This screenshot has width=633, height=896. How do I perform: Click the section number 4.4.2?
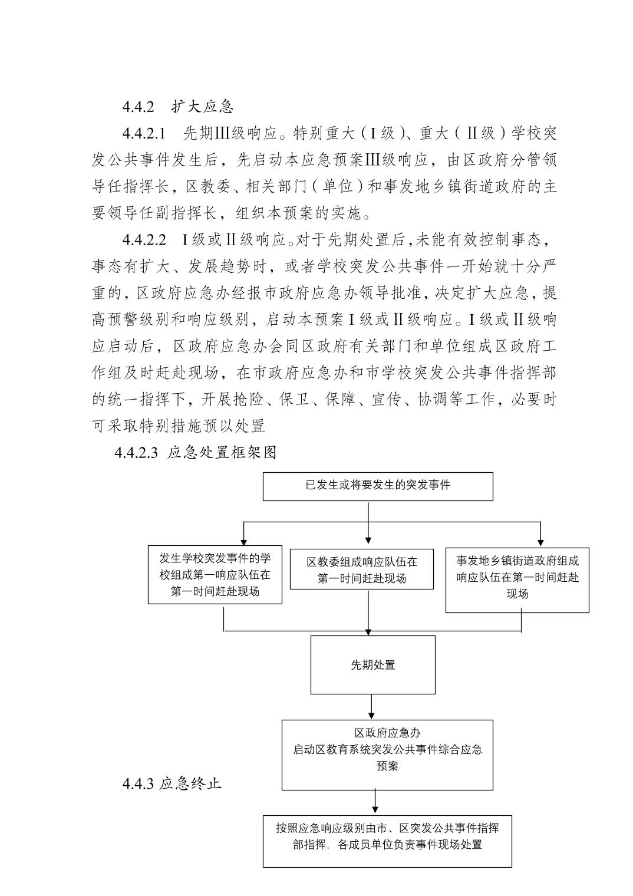point(138,107)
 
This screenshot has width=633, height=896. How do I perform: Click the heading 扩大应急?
point(203,107)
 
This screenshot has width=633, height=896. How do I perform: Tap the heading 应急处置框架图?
point(222,453)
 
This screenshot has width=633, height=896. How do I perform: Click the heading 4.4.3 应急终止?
point(172,783)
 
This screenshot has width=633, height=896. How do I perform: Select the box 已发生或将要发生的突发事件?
point(378,486)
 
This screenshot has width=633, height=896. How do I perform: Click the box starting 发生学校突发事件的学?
point(215,575)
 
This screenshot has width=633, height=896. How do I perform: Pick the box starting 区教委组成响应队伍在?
point(362,569)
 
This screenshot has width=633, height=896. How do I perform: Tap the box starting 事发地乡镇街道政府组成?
point(517,577)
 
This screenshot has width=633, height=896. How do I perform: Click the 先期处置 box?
point(373,664)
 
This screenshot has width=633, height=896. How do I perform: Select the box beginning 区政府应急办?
point(387,755)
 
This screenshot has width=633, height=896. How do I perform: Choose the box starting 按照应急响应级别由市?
point(387,841)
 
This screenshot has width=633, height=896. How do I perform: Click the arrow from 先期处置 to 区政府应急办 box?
point(371,707)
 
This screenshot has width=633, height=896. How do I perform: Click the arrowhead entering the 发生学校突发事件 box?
point(244,542)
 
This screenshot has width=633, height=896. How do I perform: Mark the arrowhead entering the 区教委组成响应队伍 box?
point(368,539)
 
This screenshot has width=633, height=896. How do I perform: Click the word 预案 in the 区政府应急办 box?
point(388,766)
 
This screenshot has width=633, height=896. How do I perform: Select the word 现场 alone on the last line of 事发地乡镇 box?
point(517,594)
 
